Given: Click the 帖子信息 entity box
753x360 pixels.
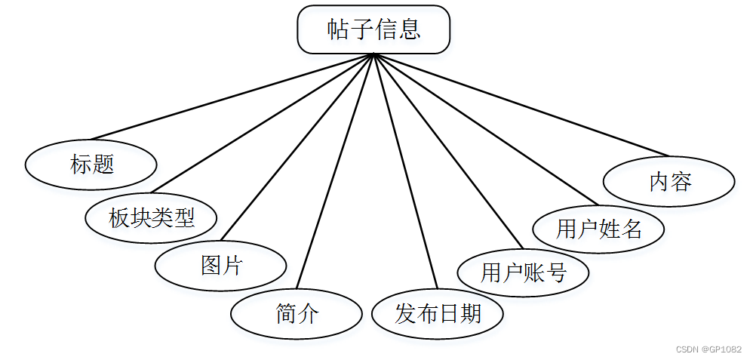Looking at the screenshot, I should click(x=373, y=29).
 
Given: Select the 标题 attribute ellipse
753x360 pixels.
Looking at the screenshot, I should click(x=91, y=164).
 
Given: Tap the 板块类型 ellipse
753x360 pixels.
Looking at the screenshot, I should click(x=152, y=219).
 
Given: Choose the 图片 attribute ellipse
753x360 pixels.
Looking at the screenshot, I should click(x=220, y=266).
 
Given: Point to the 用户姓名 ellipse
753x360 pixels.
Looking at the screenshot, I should click(x=598, y=228).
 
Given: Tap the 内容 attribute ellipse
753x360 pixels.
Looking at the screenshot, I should click(x=670, y=181).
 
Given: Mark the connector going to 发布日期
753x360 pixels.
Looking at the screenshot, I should click(x=405, y=171).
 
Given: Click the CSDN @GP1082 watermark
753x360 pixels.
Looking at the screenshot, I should click(x=708, y=349).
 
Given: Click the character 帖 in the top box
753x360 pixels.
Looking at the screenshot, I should click(x=338, y=29).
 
